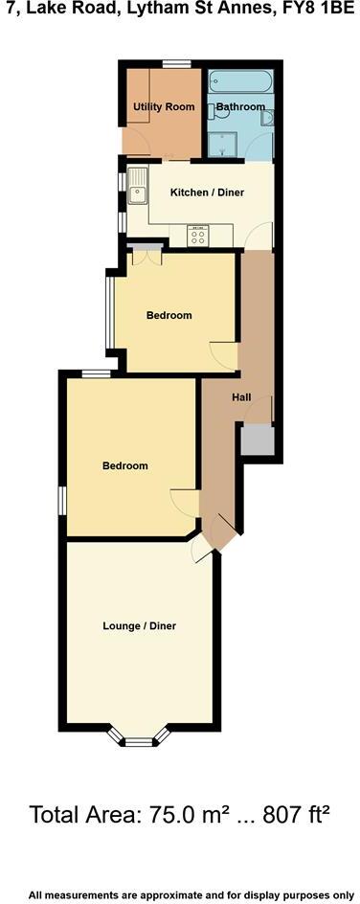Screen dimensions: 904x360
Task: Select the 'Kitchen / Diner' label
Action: click(207, 192)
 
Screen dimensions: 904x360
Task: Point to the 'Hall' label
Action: click(241, 397)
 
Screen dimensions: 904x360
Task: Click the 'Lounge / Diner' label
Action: click(140, 626)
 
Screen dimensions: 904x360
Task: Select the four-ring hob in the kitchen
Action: click(200, 236)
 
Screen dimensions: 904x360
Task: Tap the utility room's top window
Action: click(174, 64)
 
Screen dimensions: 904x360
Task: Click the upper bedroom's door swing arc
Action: click(222, 352)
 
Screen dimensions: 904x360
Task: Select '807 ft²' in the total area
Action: click(287, 816)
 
